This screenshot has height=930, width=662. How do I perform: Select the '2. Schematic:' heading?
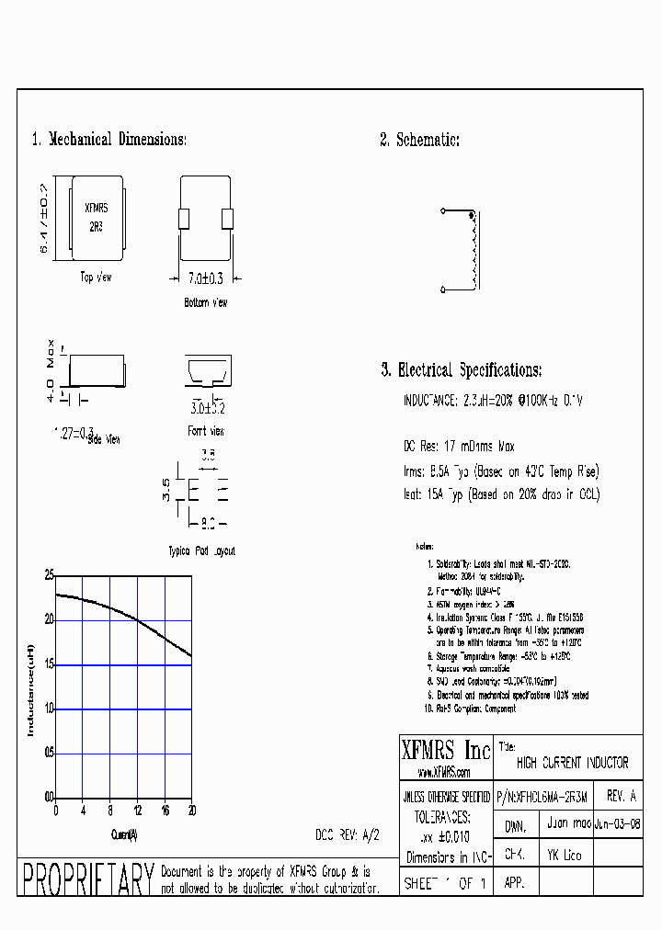point(419,140)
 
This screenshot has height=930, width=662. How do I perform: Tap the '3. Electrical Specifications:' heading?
point(461,370)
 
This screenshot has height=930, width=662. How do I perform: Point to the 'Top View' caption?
point(96,277)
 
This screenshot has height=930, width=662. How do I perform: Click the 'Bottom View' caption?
point(206,302)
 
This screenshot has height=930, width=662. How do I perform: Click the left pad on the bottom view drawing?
point(184,218)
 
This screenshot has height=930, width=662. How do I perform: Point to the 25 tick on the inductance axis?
point(48,575)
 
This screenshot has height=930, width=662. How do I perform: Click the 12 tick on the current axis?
point(137,811)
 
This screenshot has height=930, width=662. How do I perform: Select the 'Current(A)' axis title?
point(123,834)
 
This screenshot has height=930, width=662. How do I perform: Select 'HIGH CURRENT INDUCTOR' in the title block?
point(572,763)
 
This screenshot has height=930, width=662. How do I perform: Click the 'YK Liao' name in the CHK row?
point(565,855)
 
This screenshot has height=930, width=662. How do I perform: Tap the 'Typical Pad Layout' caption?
point(202,550)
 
